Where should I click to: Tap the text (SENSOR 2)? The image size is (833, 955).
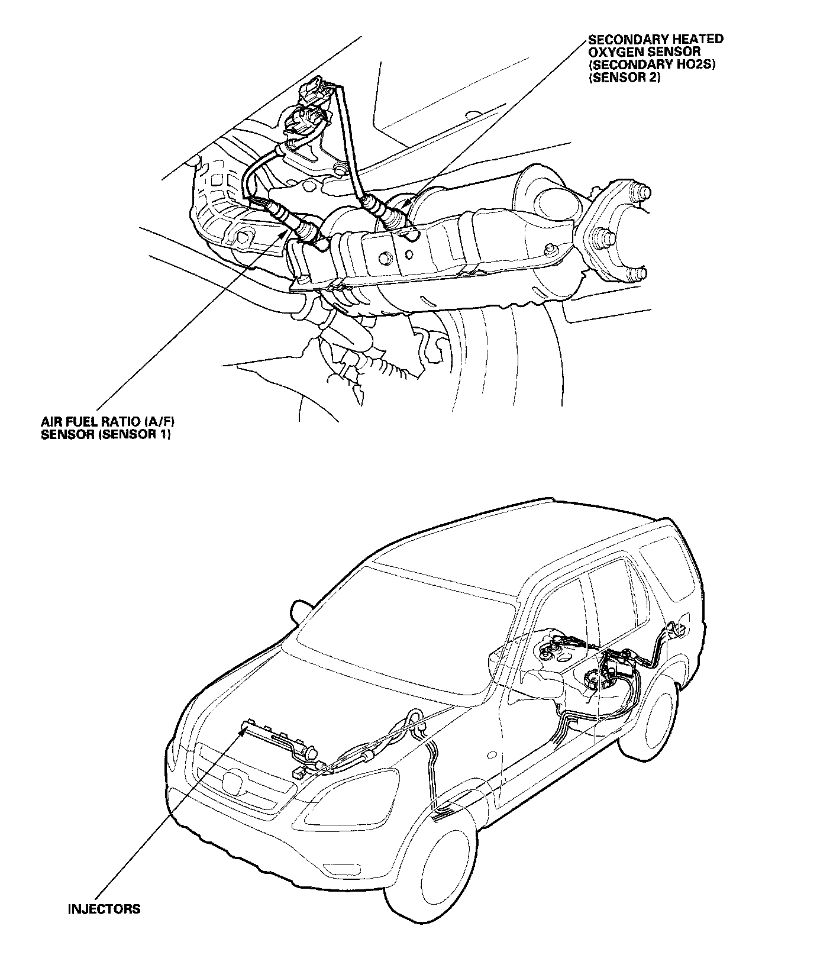point(624,78)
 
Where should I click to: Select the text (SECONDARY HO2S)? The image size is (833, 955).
point(652,65)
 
